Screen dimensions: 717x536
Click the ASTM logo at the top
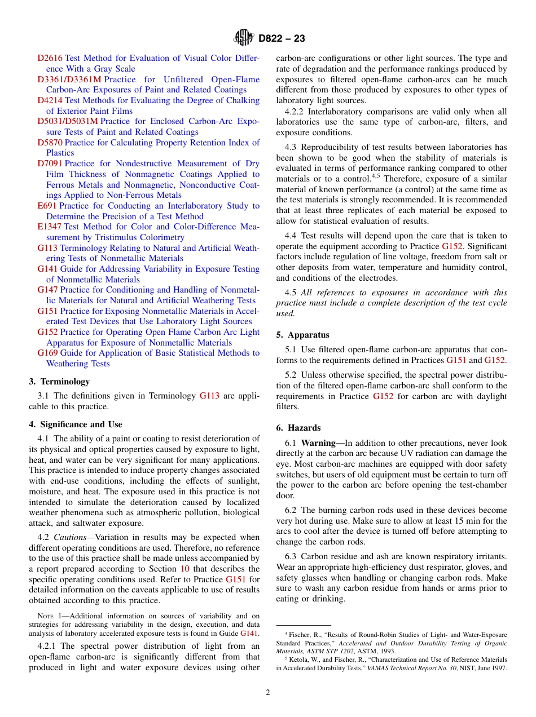coord(244,38)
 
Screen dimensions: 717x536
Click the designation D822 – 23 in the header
coord(282,38)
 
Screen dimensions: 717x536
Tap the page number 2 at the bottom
coord(268,693)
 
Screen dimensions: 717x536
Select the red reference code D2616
coord(50,58)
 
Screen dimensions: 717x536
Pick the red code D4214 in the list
coord(50,100)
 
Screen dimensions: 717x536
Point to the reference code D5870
coord(50,143)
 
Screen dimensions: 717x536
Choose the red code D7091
coord(50,163)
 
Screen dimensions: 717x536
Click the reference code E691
coord(47,206)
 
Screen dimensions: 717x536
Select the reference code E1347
coord(50,227)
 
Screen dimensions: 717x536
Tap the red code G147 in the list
coord(47,290)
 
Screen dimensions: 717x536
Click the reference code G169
coord(47,353)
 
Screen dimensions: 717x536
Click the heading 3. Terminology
coord(59,382)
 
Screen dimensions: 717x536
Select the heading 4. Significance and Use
coord(76,424)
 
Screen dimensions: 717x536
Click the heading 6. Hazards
coord(298,428)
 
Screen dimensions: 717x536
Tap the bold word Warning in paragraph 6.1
coord(319,443)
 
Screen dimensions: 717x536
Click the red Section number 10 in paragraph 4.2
coord(184,569)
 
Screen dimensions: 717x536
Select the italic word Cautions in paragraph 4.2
coord(70,537)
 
